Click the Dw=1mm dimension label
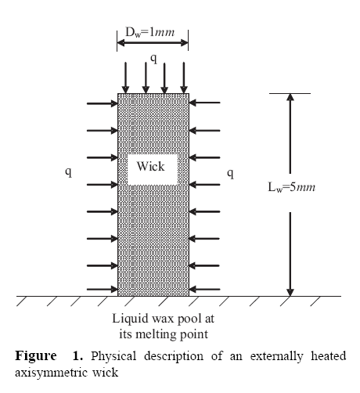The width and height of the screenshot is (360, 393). (150, 32)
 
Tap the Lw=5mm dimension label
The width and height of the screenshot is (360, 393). (292, 187)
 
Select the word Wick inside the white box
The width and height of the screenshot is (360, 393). (151, 166)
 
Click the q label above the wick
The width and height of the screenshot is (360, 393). (154, 59)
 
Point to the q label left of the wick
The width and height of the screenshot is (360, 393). (68, 172)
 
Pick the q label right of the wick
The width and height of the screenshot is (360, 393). (230, 174)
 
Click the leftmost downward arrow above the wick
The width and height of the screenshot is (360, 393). (125, 78)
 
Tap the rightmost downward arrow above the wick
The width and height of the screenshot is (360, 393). (184, 78)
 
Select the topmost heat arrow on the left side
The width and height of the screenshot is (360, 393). (103, 103)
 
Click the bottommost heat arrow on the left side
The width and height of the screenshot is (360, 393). (103, 289)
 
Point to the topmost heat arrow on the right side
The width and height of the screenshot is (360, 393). (204, 103)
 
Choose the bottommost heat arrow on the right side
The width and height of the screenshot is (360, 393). (204, 289)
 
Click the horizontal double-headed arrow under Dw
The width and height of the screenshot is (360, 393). (153, 43)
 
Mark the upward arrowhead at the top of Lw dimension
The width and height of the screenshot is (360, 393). (290, 97)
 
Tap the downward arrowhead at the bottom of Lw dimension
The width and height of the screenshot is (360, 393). (290, 293)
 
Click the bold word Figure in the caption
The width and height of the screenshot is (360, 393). (36, 356)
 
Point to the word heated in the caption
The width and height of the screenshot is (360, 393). (329, 355)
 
